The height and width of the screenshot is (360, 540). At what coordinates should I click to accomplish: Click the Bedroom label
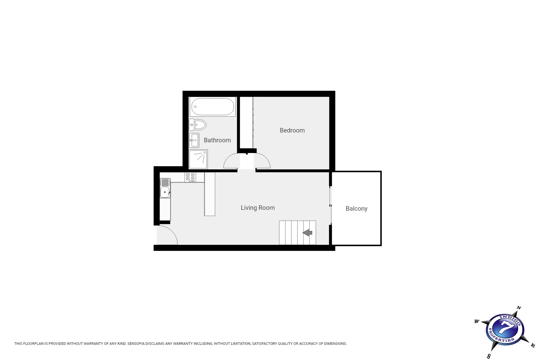(292, 130)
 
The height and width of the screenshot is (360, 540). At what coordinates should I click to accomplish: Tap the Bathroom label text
(217, 140)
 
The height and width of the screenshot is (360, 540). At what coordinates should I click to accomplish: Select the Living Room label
(258, 208)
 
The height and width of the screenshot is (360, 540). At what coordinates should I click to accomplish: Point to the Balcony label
(357, 209)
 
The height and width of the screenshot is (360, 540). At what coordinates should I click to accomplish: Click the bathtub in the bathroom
(213, 107)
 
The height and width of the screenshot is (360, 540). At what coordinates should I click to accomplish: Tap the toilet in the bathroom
(198, 125)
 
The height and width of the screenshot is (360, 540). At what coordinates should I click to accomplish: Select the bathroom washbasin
(194, 140)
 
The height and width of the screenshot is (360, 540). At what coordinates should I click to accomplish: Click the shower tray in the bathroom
(198, 159)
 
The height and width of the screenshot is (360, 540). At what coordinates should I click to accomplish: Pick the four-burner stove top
(190, 177)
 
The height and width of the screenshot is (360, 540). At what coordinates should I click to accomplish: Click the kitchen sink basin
(165, 192)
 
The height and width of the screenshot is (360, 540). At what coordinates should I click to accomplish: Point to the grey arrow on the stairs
(307, 233)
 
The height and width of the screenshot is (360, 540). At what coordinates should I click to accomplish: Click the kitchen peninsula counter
(210, 194)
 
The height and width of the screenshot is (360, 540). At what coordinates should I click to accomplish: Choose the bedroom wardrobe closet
(246, 123)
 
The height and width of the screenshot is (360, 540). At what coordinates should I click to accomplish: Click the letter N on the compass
(519, 308)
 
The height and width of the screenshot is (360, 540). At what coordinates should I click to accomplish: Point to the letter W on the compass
(477, 321)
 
